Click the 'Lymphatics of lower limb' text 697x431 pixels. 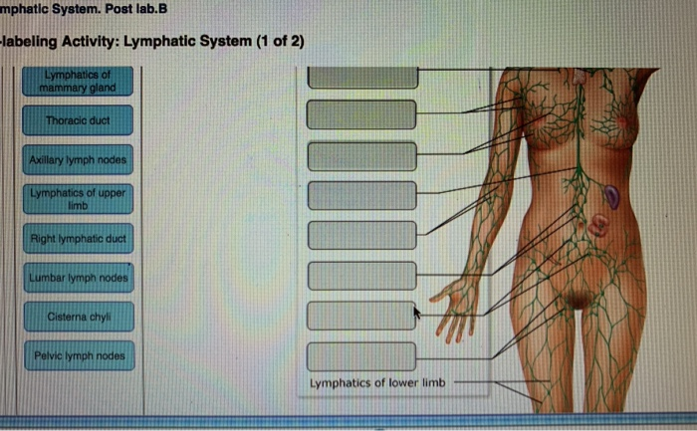tap(378, 383)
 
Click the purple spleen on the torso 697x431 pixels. tap(613, 196)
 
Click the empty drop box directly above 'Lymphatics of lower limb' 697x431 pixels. tap(360, 355)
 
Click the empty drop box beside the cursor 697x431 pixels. tap(360, 315)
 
